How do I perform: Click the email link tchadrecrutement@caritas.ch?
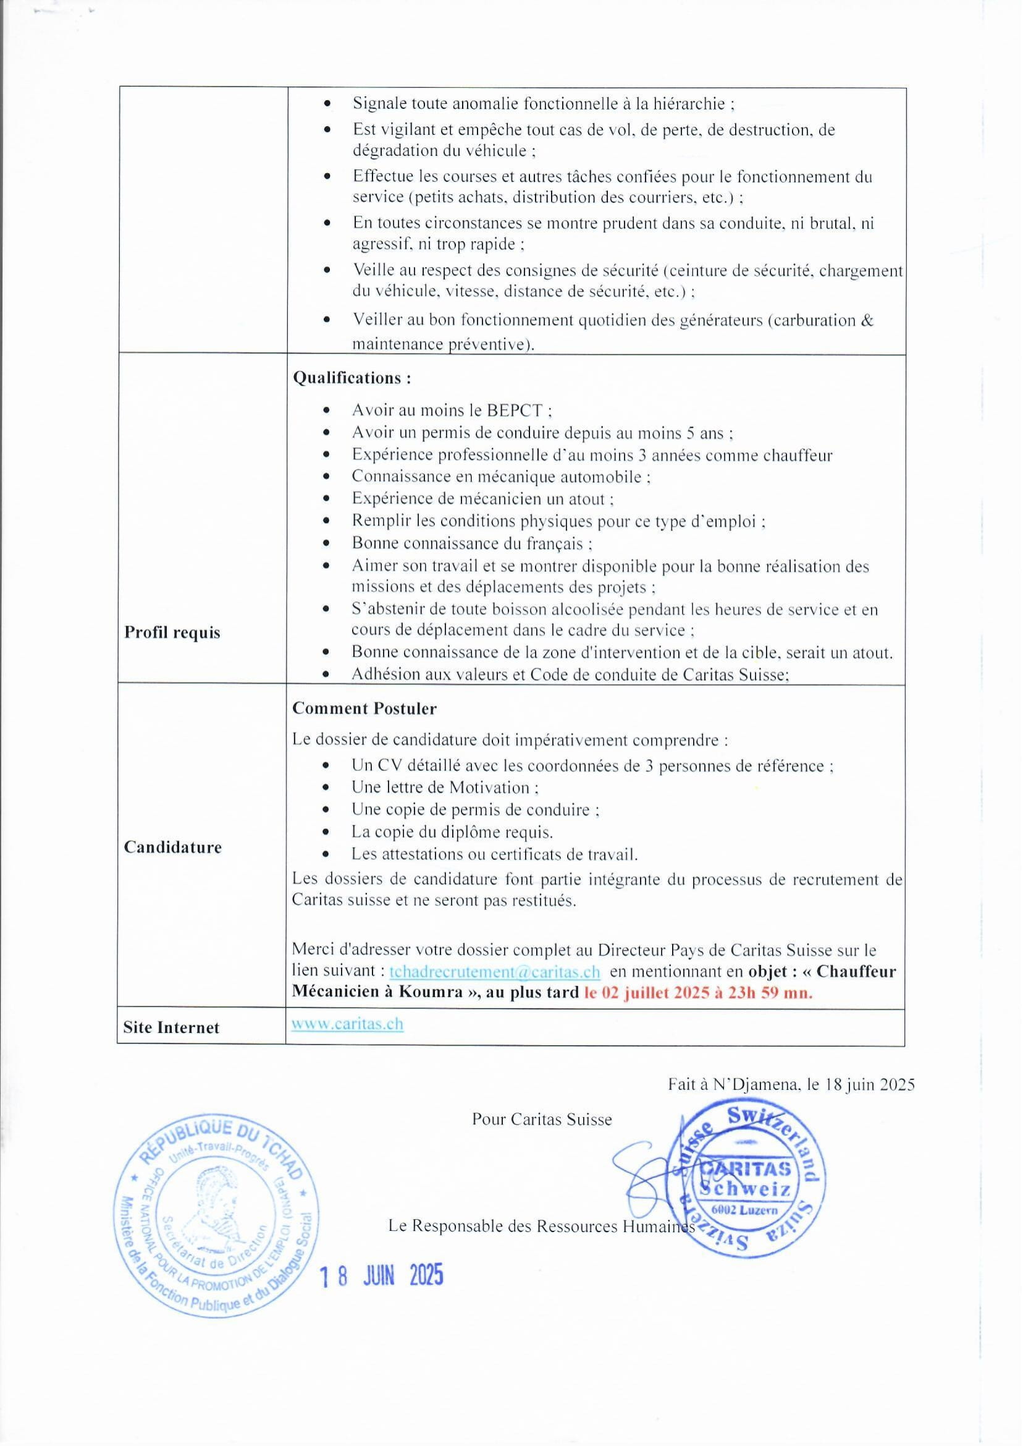click(494, 971)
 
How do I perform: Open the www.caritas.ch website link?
click(347, 1024)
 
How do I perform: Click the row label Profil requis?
click(172, 632)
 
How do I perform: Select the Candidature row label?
click(172, 847)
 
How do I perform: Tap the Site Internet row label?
click(171, 1028)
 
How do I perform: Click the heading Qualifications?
click(352, 378)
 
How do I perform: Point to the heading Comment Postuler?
click(364, 708)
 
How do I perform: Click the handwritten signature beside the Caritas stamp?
click(649, 1172)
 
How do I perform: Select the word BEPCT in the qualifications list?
click(514, 410)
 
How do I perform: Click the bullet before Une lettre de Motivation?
click(326, 788)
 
